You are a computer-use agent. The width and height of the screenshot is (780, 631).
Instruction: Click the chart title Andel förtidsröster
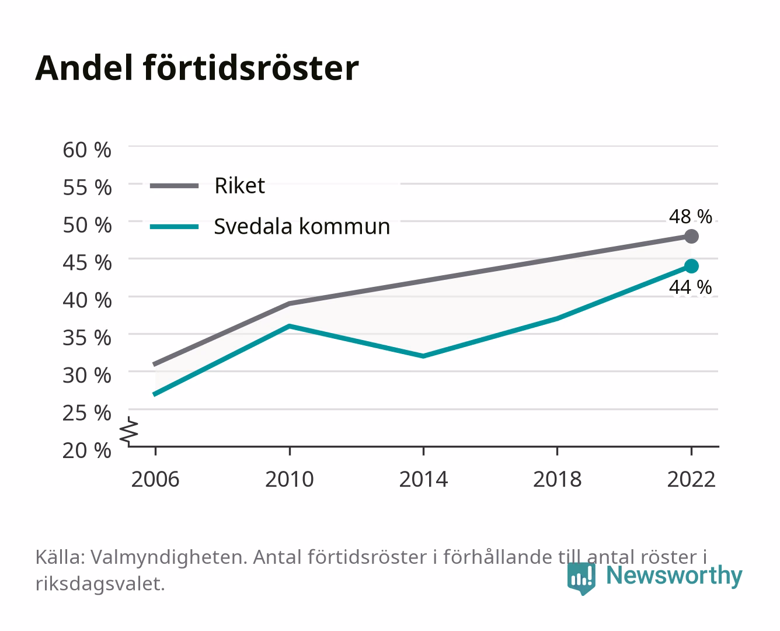pos(197,68)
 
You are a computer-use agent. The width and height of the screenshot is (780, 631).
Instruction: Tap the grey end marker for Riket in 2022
pos(691,237)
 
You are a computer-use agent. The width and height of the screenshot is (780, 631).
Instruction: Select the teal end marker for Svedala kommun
pos(691,266)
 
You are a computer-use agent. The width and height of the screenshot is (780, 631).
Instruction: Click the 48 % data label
pos(690,216)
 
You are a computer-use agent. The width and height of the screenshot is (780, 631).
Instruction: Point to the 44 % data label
pos(690,287)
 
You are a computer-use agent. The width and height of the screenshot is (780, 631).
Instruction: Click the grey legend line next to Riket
pos(175,186)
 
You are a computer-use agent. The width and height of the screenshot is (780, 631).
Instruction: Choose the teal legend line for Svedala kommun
pos(175,227)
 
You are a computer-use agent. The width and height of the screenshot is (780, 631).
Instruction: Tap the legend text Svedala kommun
pos(302,226)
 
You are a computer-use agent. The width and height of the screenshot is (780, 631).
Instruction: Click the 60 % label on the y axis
pos(87,150)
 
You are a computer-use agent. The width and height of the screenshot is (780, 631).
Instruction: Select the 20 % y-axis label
pos(87,450)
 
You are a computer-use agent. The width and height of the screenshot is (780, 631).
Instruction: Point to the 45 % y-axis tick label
pos(87,263)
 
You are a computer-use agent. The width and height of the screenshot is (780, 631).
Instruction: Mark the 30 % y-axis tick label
pos(87,375)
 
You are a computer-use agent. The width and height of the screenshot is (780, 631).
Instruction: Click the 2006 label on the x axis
pos(155,479)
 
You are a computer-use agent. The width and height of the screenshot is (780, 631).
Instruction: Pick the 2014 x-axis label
pos(423,479)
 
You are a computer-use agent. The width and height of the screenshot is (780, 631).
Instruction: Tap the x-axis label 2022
pos(691,479)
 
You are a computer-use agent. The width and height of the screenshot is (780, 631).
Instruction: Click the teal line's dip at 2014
pos(423,356)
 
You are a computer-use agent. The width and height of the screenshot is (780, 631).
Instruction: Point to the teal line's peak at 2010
pos(290,326)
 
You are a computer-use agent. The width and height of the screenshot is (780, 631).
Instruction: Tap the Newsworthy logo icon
pos(581,578)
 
